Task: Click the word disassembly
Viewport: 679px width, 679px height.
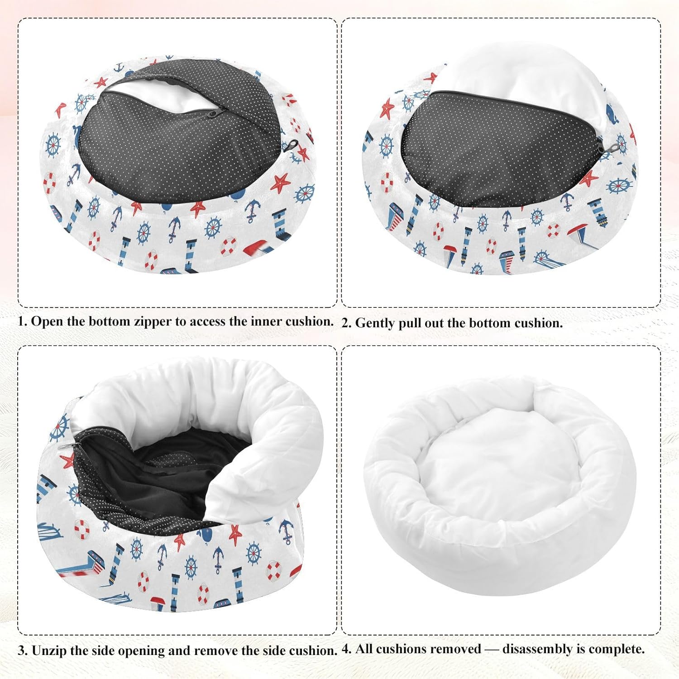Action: [x=537, y=649]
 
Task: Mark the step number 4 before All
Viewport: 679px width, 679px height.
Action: [x=346, y=649]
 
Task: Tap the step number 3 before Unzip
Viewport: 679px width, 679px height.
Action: [x=22, y=651]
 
